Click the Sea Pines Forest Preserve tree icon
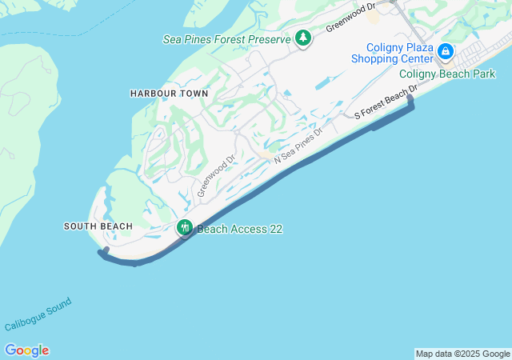303,38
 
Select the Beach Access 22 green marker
185,228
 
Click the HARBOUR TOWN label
169,94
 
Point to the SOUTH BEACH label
98,226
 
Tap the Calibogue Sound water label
38,314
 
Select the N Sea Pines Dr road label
298,146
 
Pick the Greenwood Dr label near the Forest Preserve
350,18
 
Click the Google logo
26,350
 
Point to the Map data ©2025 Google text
462,354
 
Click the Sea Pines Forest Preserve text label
226,38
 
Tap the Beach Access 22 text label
240,229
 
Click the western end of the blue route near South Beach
101,251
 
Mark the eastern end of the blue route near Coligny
411,98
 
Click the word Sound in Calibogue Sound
58,306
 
